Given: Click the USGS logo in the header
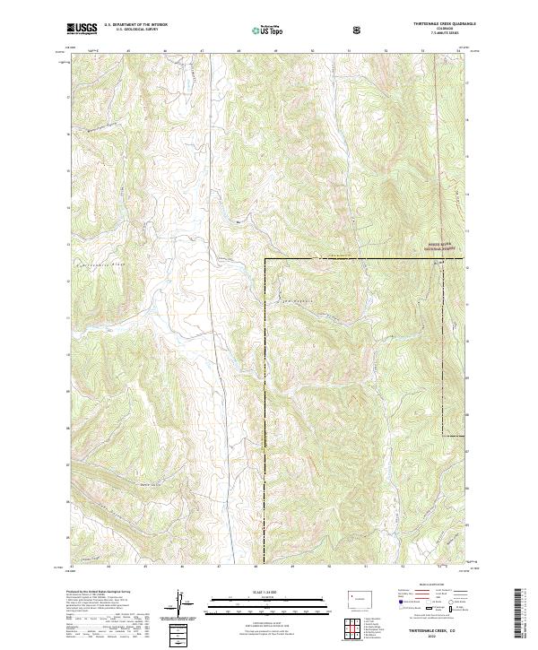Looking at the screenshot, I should tap(83, 29).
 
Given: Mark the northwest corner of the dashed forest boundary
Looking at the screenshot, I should tap(265, 259).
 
